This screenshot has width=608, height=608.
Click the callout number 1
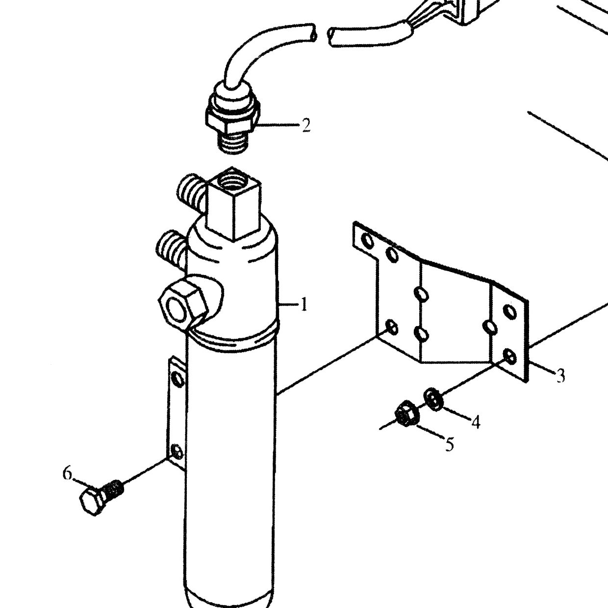click(304, 305)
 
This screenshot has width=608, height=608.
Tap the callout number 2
click(306, 125)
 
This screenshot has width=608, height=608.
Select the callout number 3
click(560, 376)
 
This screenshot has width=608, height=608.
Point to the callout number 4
click(476, 422)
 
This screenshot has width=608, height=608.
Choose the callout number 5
click(450, 444)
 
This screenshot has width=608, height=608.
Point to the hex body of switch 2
click(232, 120)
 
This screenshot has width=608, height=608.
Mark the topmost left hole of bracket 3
click(368, 241)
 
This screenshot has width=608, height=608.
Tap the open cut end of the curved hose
click(313, 33)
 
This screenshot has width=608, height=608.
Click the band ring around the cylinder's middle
click(233, 339)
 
